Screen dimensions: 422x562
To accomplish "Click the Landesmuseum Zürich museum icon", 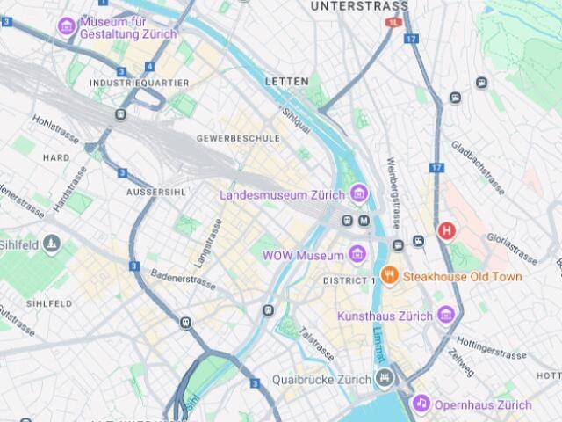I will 357,193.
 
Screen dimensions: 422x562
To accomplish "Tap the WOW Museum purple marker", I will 357,255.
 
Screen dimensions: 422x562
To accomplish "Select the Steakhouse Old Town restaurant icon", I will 390,276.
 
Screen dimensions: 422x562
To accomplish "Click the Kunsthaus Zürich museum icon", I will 446,315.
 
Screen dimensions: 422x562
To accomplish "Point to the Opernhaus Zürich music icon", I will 421,404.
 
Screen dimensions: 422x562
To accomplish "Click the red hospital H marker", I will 447,231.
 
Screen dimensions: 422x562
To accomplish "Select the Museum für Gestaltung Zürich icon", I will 67,26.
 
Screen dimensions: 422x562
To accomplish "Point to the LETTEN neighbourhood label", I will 287,81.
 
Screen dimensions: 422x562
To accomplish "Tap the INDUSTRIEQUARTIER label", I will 139,83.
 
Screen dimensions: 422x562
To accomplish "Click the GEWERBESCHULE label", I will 239,138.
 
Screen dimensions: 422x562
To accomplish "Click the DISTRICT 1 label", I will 349,280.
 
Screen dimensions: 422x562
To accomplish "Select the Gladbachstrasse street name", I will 478,167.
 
